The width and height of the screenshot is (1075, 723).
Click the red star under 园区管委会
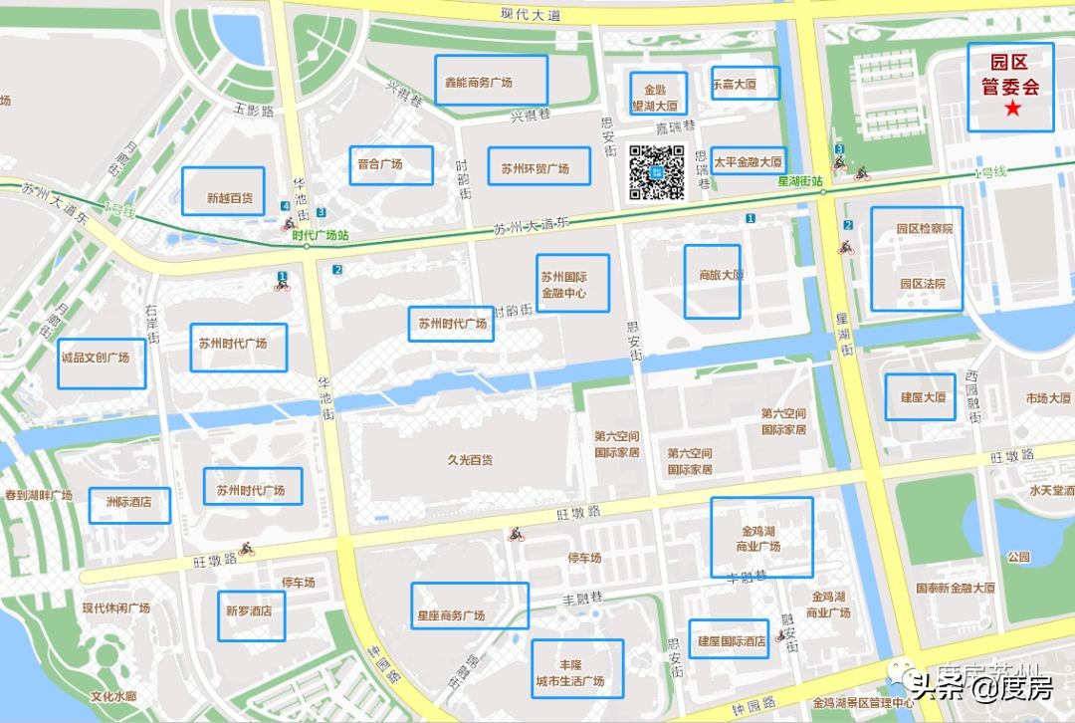(1012, 109)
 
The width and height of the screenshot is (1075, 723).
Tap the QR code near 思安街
(657, 173)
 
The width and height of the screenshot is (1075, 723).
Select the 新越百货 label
(230, 198)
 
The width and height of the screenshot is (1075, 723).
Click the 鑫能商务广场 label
(479, 83)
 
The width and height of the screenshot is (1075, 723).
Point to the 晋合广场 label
(380, 164)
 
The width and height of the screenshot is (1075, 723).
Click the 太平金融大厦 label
(748, 161)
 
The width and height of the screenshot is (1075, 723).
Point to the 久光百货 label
(471, 460)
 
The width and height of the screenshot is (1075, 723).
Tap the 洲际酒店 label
(128, 503)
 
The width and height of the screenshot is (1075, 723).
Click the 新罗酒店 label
(249, 610)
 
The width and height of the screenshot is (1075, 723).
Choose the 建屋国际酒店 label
(732, 641)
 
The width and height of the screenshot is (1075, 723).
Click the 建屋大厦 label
(923, 397)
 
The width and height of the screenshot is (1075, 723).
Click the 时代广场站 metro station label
(320, 235)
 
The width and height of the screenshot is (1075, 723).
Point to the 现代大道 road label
(532, 14)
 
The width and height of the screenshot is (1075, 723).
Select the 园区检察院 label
(925, 228)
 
